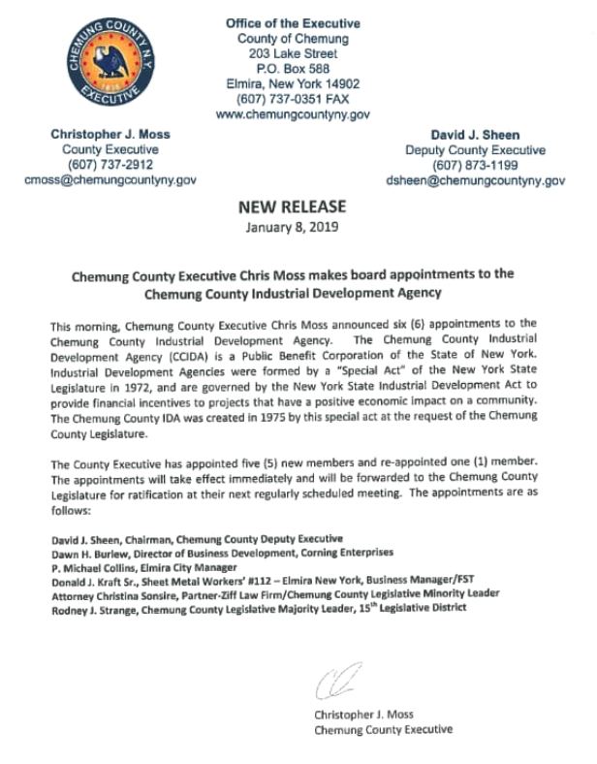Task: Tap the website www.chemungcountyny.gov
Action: click(293, 114)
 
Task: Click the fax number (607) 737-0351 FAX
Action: click(293, 99)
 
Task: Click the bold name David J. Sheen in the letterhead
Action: click(475, 135)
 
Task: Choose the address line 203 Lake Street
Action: click(293, 53)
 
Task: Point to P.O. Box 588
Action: click(293, 69)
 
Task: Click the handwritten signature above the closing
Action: click(335, 679)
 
